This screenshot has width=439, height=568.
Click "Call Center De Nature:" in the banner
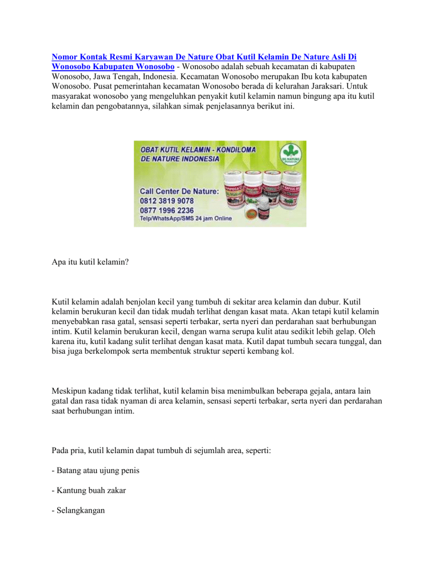click(179, 191)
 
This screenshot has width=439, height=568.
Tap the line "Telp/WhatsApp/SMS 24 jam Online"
click(186, 218)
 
